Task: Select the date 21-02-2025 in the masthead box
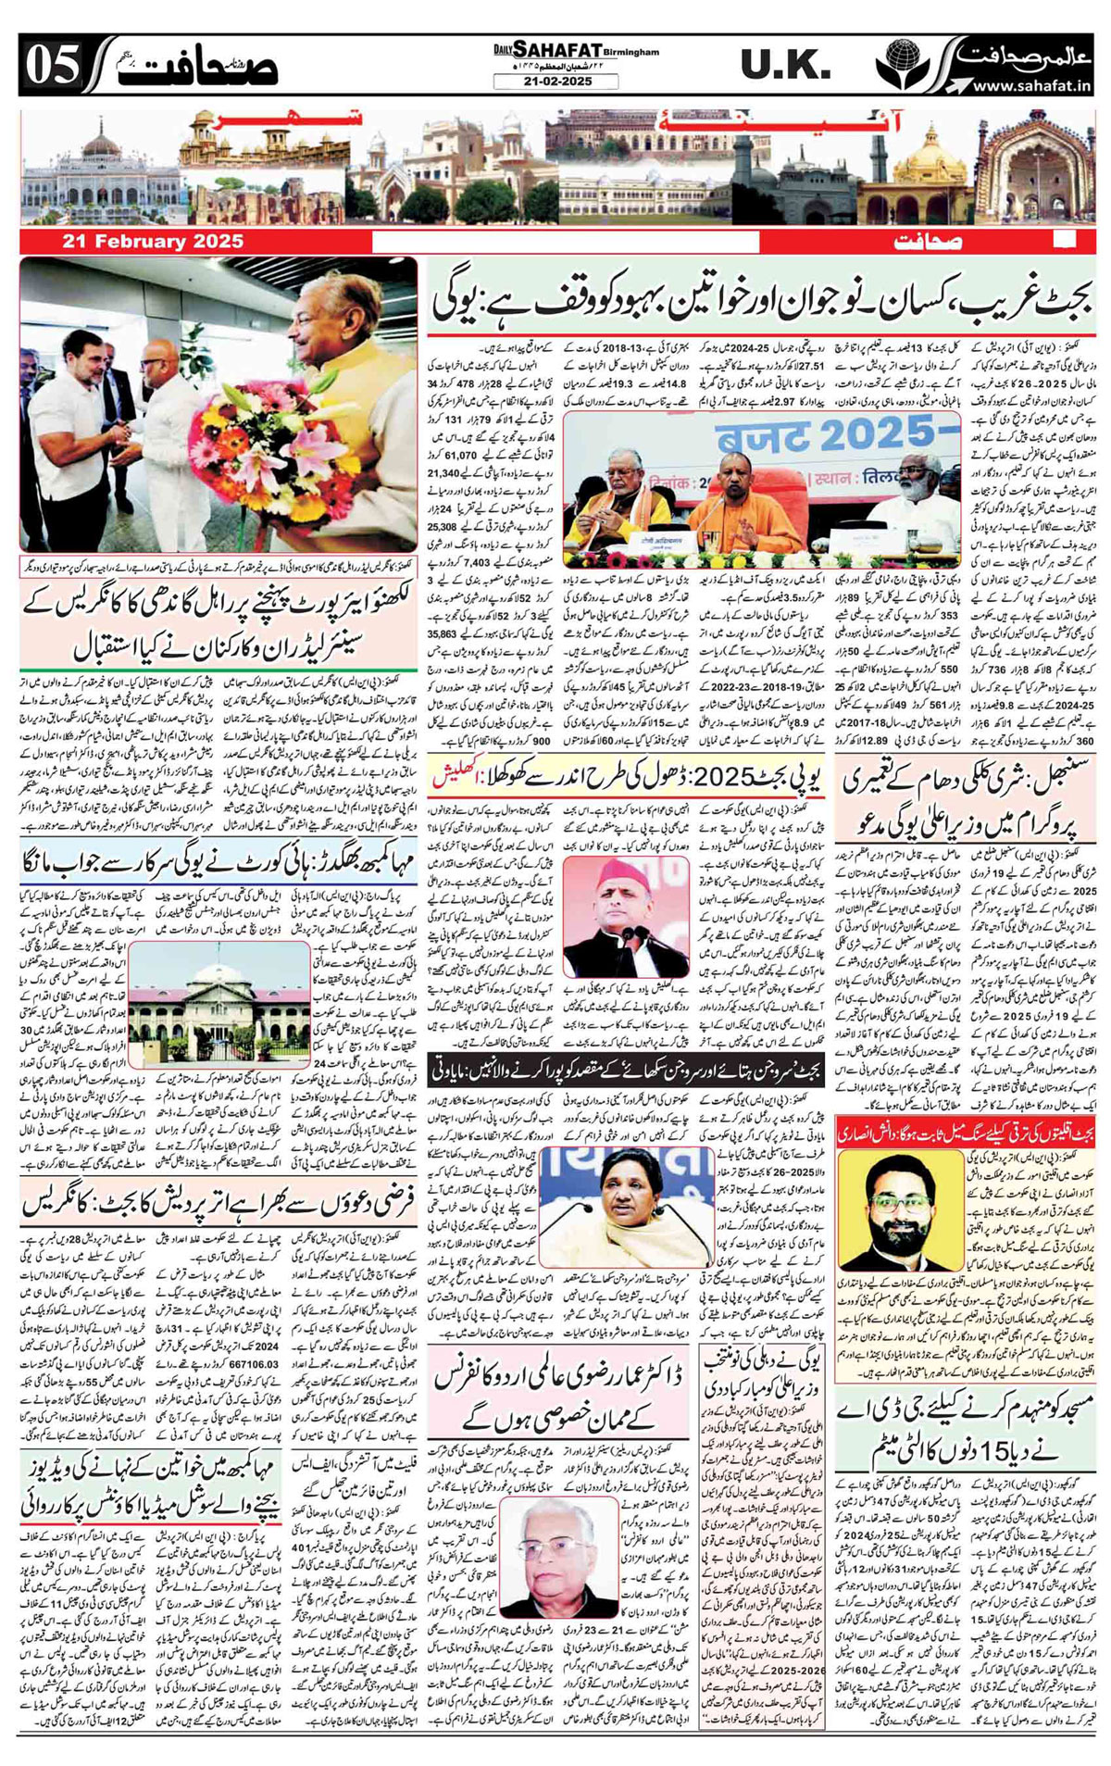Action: [556, 82]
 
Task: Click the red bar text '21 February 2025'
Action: [154, 242]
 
